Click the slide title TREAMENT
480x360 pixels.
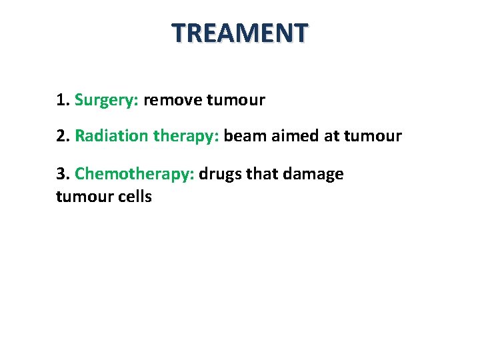(x=240, y=32)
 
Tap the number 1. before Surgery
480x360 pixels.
(x=63, y=101)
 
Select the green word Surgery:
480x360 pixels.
(x=107, y=101)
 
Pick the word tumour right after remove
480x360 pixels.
(x=236, y=101)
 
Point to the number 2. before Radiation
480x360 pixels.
(x=63, y=137)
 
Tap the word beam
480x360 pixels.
(x=245, y=137)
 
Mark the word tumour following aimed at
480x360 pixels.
(x=373, y=137)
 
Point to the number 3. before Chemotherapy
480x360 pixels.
(x=63, y=174)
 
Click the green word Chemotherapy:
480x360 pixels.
(x=135, y=175)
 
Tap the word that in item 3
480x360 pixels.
(x=265, y=174)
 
